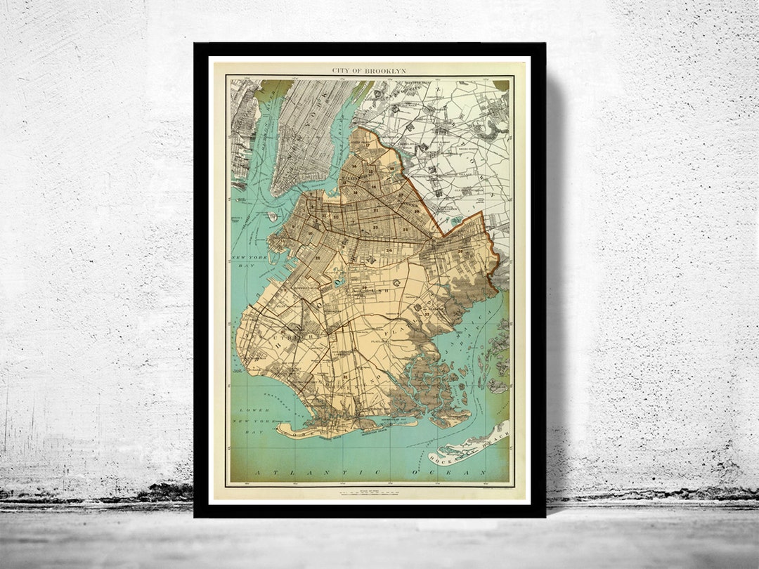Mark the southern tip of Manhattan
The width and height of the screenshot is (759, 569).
[x=276, y=193]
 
